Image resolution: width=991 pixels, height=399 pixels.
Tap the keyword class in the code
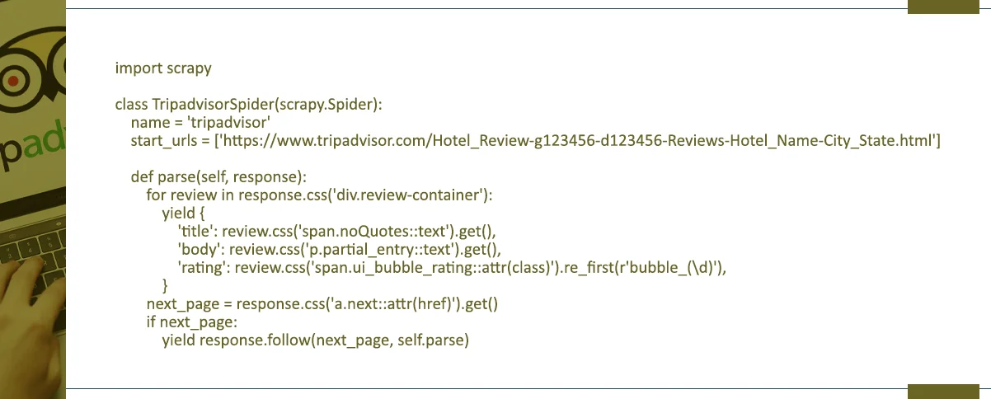[130, 105]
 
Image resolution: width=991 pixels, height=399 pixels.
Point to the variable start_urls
[164, 141]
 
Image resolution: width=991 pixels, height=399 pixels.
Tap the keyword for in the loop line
[155, 195]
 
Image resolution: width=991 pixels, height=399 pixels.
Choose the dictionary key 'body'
[197, 249]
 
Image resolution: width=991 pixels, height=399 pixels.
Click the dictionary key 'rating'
[200, 267]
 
